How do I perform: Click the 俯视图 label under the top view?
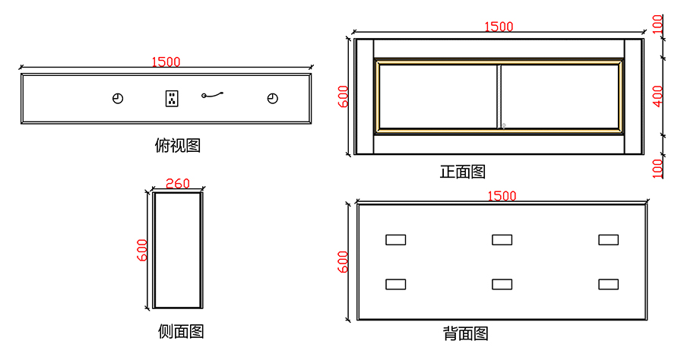point(177,145)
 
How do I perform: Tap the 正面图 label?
point(462,172)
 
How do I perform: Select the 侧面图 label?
point(181,331)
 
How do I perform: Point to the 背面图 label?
point(465,333)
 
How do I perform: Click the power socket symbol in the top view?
point(172,98)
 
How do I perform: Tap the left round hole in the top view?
point(118,99)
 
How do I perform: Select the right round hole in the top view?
point(272,99)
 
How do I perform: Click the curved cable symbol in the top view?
point(213,95)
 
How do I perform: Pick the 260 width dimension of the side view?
point(177,184)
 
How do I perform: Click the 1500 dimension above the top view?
point(166,62)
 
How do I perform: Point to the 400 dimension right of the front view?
point(658,96)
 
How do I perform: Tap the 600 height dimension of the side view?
point(142,251)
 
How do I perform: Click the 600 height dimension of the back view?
point(343,262)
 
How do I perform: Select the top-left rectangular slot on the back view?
point(395,240)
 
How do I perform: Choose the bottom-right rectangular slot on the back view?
point(608,284)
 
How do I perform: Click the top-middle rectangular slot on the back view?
point(502,240)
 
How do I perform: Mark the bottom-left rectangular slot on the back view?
point(395,284)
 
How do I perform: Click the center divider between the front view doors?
point(499,96)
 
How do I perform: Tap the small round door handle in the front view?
point(503,125)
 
